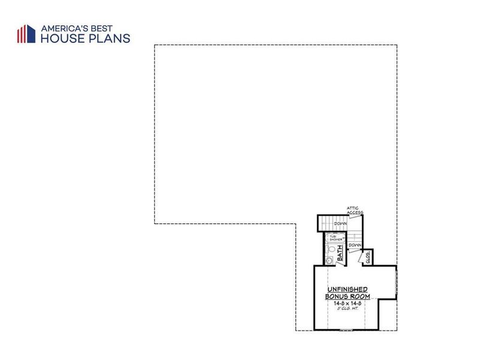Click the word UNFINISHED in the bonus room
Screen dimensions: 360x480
(x=347, y=289)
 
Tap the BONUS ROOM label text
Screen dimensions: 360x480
(x=347, y=296)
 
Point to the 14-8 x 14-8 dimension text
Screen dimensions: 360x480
(x=347, y=304)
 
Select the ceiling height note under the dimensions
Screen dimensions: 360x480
(x=347, y=310)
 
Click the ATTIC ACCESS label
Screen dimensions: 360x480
(x=353, y=210)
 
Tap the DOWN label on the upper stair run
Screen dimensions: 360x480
(x=341, y=223)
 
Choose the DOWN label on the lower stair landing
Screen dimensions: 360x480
(x=355, y=245)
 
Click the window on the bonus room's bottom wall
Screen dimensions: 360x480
(x=347, y=331)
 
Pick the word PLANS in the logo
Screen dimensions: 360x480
(x=107, y=38)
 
